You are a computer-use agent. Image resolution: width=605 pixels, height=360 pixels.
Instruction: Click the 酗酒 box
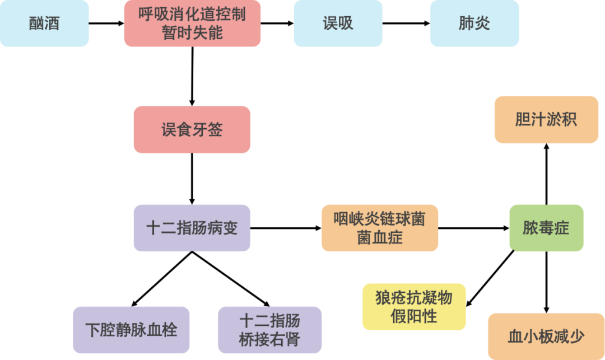[x=44, y=23]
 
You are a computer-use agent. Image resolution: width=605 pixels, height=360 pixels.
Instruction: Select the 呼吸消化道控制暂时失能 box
[x=192, y=23]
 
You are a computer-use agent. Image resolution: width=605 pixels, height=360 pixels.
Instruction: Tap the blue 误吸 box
[x=338, y=23]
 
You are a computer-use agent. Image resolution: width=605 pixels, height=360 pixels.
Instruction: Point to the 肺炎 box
[x=474, y=23]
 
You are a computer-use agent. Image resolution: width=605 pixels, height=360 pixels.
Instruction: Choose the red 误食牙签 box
[x=192, y=130]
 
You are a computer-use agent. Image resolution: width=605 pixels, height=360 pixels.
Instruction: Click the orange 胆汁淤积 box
[x=546, y=120]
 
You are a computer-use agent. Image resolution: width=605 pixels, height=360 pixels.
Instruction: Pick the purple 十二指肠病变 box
[x=192, y=228]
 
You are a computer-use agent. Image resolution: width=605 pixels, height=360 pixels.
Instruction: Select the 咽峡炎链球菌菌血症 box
[x=379, y=228]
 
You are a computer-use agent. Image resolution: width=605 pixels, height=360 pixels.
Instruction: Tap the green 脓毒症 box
[x=546, y=228]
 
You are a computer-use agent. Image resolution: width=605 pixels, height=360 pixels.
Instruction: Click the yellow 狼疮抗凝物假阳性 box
[x=413, y=307]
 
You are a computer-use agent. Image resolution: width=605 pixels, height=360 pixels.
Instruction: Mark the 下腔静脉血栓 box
[x=131, y=330]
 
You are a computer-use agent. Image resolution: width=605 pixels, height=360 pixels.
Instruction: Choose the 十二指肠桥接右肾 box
[x=269, y=330]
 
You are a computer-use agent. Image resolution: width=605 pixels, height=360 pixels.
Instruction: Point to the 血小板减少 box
[x=546, y=336]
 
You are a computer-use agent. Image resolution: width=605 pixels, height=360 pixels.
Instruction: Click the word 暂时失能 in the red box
[x=192, y=32]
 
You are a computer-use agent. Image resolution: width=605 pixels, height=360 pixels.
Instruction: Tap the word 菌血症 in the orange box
[x=379, y=237]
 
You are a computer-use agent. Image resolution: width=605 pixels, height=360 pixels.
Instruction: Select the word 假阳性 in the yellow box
[x=413, y=316]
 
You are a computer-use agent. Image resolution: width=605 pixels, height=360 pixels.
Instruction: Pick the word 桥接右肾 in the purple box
[x=269, y=339]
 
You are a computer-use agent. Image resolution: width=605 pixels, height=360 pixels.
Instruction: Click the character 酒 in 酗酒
[x=52, y=23]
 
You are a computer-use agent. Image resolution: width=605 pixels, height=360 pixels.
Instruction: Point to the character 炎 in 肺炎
[x=482, y=23]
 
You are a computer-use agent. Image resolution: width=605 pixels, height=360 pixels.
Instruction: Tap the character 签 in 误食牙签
[x=215, y=130]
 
